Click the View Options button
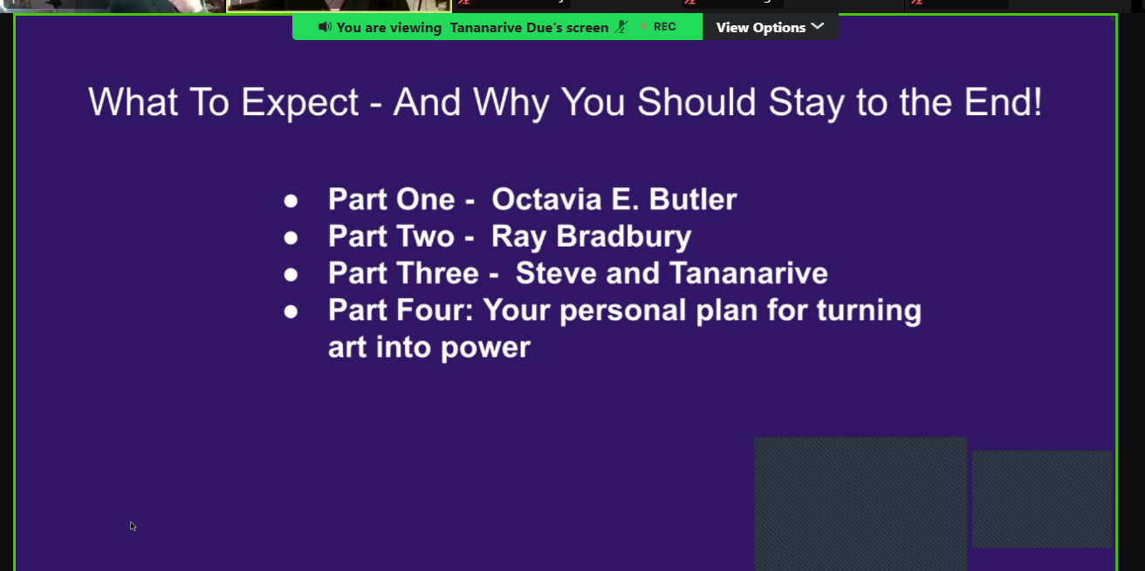coord(770,27)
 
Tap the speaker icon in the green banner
coord(325,26)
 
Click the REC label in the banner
coord(664,26)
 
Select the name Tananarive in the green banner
coord(486,28)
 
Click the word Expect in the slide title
coord(299,103)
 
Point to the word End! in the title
coord(1003,102)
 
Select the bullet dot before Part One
coord(291,201)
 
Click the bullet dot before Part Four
coord(291,311)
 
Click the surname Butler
coord(693,199)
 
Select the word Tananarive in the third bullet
coord(748,273)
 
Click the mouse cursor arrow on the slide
coord(133,526)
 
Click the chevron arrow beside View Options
coord(818,26)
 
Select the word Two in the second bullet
coord(425,236)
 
